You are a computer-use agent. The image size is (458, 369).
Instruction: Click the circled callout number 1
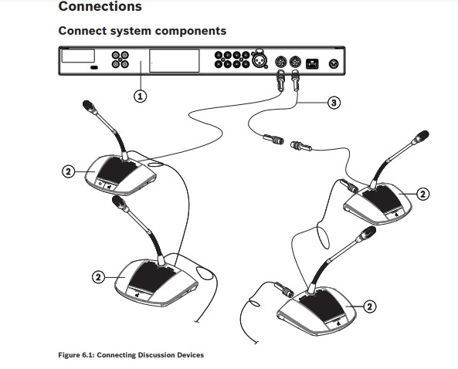tap(141, 96)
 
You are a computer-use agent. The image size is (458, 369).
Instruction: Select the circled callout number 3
tap(334, 103)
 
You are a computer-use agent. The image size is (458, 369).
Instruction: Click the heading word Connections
tap(100, 6)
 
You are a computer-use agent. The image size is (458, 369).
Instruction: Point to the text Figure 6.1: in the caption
tap(76, 355)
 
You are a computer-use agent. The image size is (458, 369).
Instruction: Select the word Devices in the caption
tap(190, 355)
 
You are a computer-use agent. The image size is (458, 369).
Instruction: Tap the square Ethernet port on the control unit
tap(312, 63)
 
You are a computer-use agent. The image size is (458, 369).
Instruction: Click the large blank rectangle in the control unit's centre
tap(175, 61)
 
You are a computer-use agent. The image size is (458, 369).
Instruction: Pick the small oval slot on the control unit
tap(94, 68)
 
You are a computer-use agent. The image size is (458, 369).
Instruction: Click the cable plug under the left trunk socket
tap(280, 80)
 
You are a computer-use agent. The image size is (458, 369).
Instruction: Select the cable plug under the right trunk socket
tap(295, 80)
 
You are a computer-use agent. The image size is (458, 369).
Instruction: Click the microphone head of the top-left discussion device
tap(90, 107)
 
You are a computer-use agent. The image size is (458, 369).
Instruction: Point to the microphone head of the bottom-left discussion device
tap(120, 203)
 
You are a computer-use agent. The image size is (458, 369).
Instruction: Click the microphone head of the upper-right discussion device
tap(421, 137)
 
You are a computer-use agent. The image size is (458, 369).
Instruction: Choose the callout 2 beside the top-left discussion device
tap(68, 171)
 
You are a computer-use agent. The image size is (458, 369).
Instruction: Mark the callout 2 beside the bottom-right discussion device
tap(369, 306)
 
